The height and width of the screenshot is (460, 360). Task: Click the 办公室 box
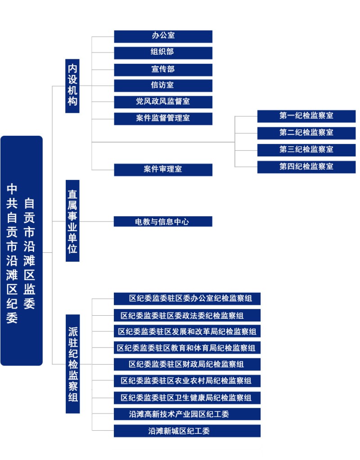(x=163, y=36)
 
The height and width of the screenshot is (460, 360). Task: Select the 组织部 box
(x=163, y=53)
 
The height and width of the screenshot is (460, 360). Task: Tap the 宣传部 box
(x=163, y=70)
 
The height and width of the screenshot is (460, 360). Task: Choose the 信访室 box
(x=163, y=86)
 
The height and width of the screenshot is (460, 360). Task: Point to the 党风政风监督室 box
(x=163, y=102)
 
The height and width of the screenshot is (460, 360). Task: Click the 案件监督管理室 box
(x=163, y=119)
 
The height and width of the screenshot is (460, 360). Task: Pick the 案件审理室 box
(x=163, y=170)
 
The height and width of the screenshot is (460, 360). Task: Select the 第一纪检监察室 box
(x=306, y=116)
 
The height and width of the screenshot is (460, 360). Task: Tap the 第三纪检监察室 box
(x=306, y=150)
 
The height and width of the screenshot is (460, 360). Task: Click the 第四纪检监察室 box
(x=306, y=167)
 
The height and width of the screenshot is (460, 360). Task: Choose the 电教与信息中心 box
(x=163, y=222)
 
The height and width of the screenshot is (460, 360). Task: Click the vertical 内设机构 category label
(x=72, y=86)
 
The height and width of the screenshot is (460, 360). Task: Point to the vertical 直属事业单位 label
(x=72, y=221)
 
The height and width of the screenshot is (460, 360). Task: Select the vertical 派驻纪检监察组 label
(x=72, y=364)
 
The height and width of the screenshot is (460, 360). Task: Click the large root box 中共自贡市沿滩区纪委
(x=22, y=251)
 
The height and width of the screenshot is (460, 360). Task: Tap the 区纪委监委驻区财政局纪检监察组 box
(x=187, y=364)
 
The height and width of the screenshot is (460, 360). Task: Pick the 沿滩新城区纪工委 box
(x=187, y=431)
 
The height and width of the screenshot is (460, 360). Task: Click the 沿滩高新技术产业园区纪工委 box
(x=187, y=414)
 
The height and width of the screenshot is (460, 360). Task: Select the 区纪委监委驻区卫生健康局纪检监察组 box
(x=187, y=398)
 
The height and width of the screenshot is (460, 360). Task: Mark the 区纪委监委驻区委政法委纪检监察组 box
(x=187, y=315)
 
